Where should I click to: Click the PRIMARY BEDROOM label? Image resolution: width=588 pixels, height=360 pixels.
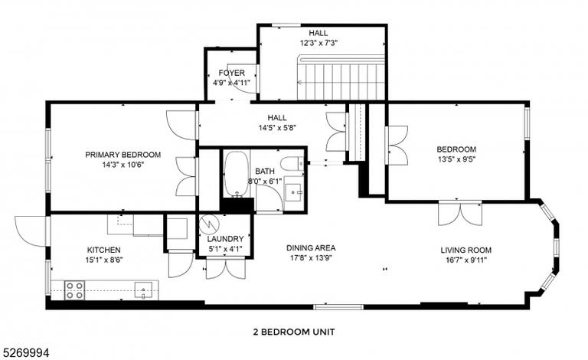pos(123,155)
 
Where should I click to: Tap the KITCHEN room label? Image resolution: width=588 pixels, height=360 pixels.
pos(104,250)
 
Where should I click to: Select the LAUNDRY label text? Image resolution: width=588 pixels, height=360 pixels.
pos(225,239)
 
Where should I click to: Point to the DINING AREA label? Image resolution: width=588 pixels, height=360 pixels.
pos(311,248)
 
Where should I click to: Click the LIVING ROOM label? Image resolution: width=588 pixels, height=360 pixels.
pos(465,250)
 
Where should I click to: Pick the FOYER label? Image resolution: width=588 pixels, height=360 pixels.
pos(232,73)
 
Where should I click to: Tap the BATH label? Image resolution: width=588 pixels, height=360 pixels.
pos(265,172)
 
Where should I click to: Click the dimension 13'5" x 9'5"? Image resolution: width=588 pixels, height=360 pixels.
pos(456,159)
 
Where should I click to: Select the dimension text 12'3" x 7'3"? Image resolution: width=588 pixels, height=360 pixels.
pos(318,43)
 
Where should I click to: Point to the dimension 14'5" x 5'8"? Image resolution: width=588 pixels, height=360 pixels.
pos(277,127)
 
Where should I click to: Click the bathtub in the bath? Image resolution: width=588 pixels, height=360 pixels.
pos(237,174)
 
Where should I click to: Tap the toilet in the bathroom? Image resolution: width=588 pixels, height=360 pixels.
pos(292,164)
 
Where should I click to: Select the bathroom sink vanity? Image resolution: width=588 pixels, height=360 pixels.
pos(294,192)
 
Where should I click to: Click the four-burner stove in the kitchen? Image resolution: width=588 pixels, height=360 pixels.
pos(74,290)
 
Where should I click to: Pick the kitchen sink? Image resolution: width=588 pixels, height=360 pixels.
pos(144,290)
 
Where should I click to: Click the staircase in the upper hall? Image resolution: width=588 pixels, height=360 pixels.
pos(341,77)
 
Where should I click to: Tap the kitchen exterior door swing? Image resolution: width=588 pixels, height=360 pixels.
pos(31,231)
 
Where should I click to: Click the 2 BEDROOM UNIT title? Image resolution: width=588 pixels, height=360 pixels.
pos(294,332)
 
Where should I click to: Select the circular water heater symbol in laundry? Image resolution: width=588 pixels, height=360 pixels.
pos(208,224)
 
